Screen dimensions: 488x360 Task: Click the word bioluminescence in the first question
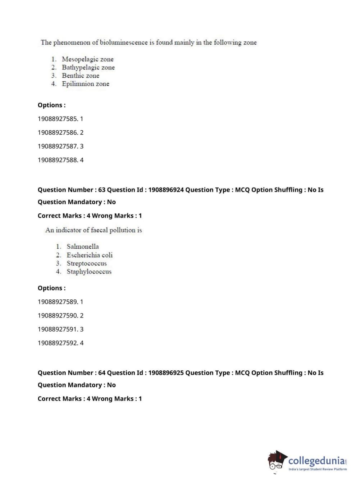(x=123, y=42)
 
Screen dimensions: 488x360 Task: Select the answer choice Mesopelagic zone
(x=87, y=59)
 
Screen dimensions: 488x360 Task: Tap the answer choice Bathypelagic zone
(x=88, y=67)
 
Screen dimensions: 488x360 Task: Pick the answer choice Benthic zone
(x=80, y=76)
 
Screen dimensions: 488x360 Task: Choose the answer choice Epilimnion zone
(x=85, y=84)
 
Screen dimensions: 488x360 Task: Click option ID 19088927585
(x=58, y=119)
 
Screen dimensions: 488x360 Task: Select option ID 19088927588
(x=58, y=160)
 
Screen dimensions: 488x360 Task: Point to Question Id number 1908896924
(x=166, y=190)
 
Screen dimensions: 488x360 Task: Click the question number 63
(x=102, y=190)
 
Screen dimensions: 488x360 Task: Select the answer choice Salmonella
(x=82, y=247)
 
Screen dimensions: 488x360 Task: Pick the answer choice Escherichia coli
(x=90, y=255)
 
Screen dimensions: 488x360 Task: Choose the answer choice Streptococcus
(x=87, y=263)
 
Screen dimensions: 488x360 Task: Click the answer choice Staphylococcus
(x=89, y=272)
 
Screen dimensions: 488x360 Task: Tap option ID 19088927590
(x=58, y=316)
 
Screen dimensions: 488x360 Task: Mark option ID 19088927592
(x=58, y=343)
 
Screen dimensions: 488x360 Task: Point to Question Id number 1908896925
(x=166, y=373)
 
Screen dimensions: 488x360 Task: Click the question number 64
(x=102, y=373)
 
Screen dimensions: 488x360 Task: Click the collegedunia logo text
(x=316, y=461)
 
